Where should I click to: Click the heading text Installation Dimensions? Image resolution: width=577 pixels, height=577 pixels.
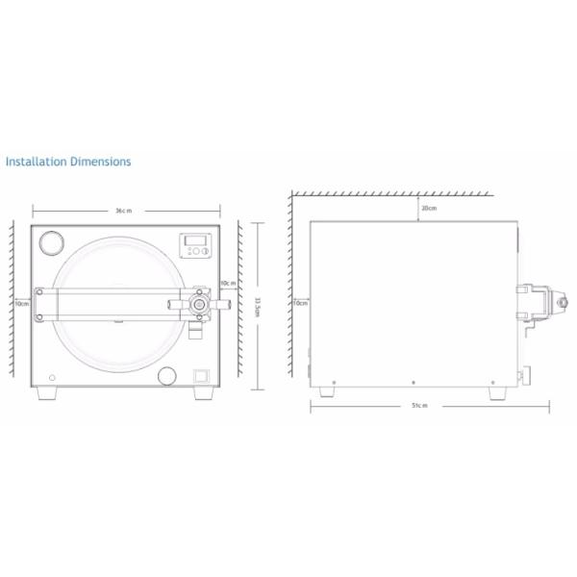pyautogui.click(x=67, y=162)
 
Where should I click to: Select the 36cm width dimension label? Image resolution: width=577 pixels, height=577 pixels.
pyautogui.click(x=123, y=210)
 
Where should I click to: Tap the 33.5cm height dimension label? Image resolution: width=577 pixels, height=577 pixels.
pyautogui.click(x=257, y=305)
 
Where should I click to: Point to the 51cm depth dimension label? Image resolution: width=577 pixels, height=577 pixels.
pyautogui.click(x=418, y=406)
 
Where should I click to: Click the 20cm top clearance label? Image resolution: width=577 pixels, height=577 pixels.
pyautogui.click(x=428, y=208)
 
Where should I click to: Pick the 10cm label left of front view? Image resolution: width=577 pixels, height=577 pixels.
pyautogui.click(x=21, y=302)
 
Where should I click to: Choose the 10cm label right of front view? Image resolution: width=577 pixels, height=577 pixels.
pyautogui.click(x=227, y=284)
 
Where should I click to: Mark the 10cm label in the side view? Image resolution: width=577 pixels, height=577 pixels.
pyautogui.click(x=300, y=303)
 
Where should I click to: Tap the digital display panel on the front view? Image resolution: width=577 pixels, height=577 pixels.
pyautogui.click(x=197, y=246)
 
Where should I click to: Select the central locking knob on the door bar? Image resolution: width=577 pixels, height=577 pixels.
pyautogui.click(x=199, y=303)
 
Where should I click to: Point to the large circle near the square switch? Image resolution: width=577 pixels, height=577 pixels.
pyautogui.click(x=169, y=375)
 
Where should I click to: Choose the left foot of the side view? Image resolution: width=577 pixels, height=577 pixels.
pyautogui.click(x=333, y=391)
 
